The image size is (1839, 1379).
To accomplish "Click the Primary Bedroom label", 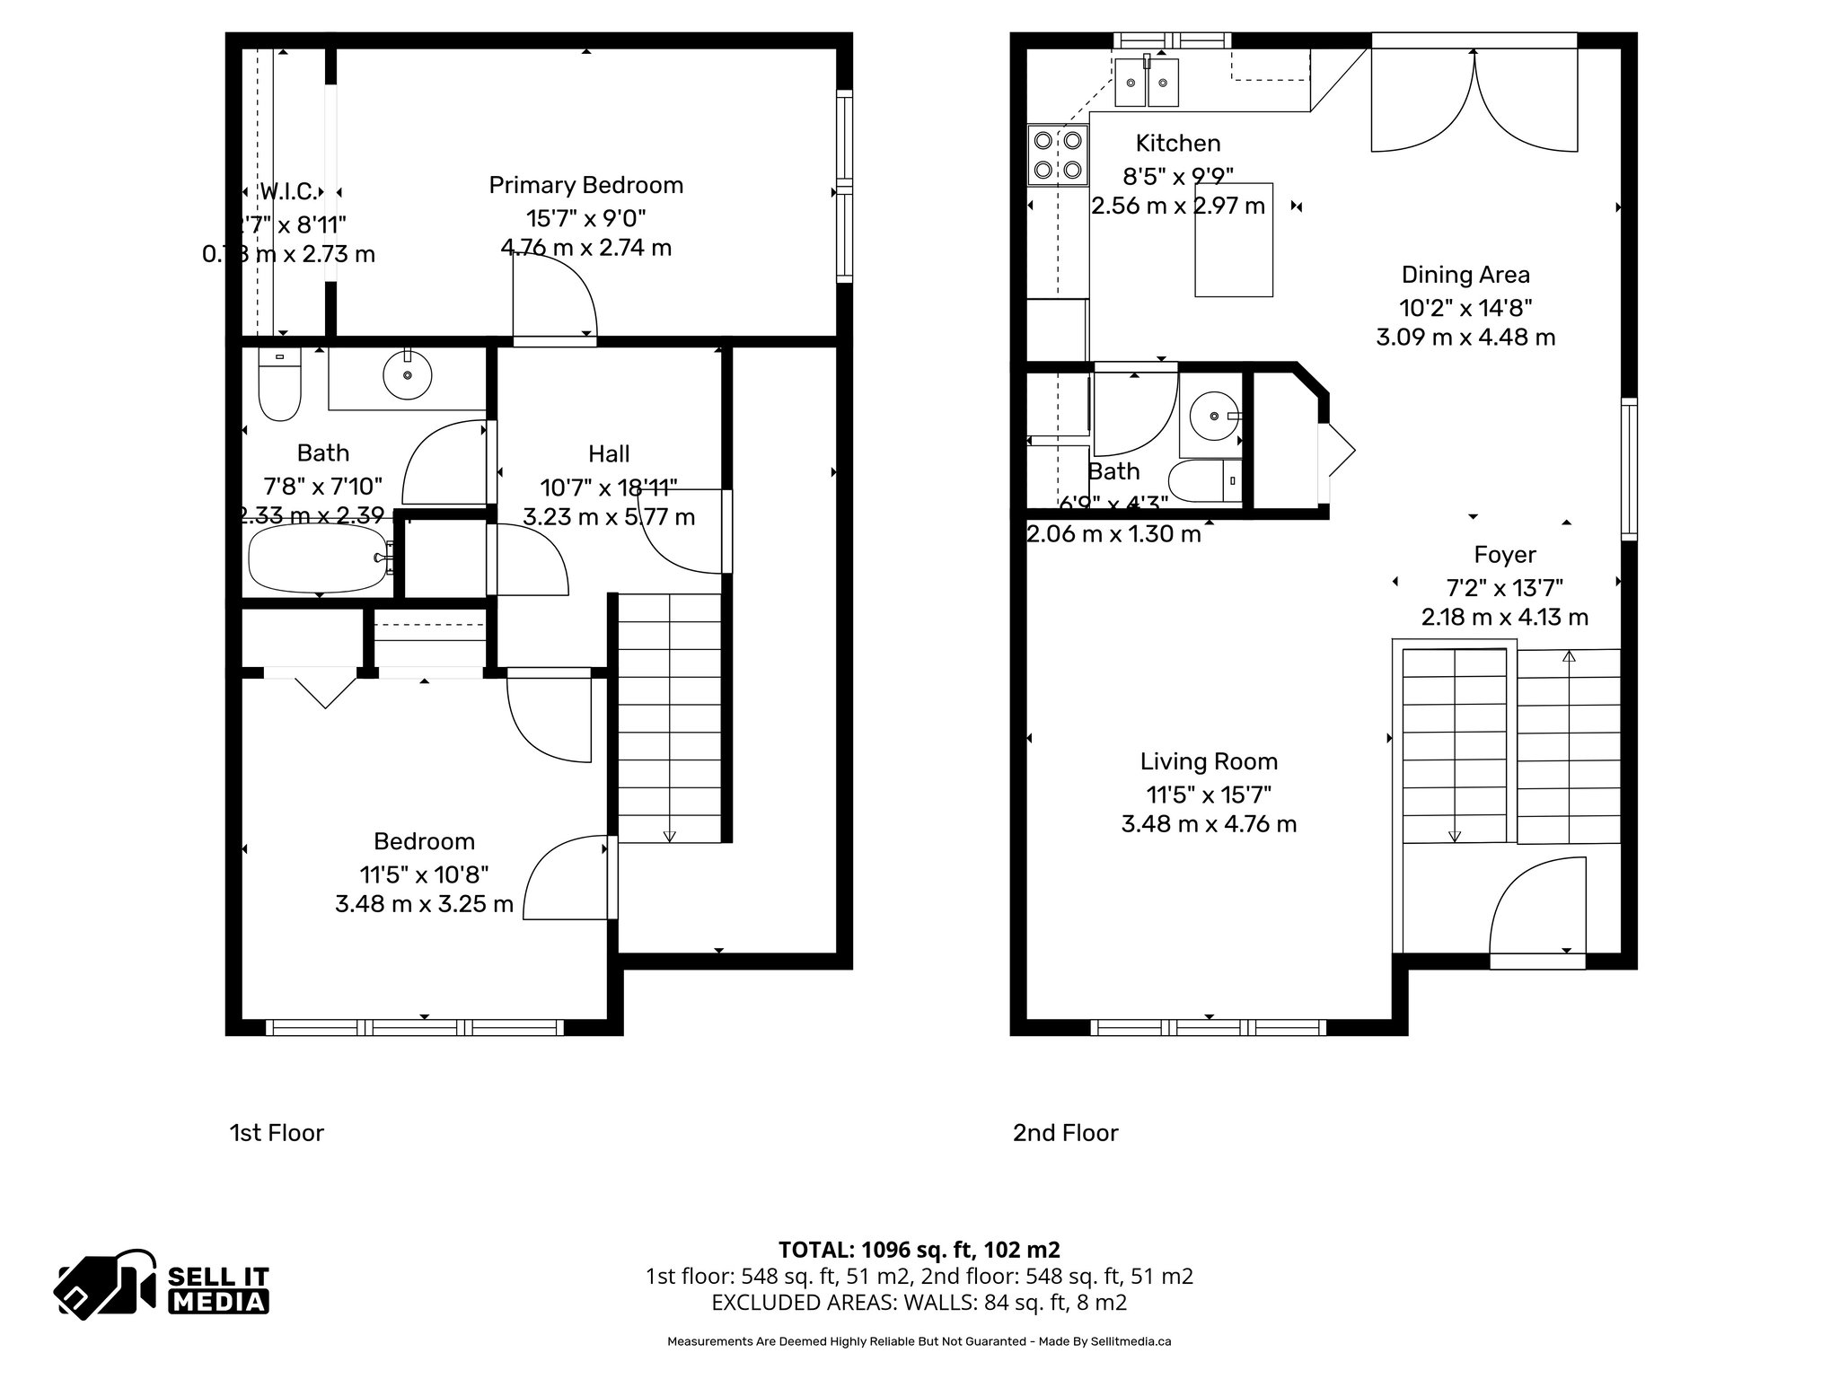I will point(585,185).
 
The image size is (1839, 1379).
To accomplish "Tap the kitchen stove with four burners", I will point(1058,154).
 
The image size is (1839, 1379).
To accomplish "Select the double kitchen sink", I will point(1147,83).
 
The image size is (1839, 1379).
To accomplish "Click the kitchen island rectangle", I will point(1233,240).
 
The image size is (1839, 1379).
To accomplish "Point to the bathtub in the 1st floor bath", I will point(316,558).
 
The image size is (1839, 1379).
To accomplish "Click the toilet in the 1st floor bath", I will point(279,386).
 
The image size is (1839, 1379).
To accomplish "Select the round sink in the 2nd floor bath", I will point(1213,417).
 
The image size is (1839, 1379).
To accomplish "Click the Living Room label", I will point(1209,761).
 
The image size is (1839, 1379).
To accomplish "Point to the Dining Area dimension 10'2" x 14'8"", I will point(1465,308).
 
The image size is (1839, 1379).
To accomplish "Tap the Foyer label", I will point(1505,555).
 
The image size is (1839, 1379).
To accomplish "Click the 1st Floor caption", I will point(277,1133).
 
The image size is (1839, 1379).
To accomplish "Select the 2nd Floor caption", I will point(1065,1133).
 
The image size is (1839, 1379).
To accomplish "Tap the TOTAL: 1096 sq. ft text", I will point(919,1250).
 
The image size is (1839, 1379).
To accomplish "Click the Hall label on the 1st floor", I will point(609,453).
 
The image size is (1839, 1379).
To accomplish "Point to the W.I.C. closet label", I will point(287,191).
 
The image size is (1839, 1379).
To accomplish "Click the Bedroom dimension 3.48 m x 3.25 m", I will point(424,903).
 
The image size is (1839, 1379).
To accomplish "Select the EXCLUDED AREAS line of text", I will point(919,1302).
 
